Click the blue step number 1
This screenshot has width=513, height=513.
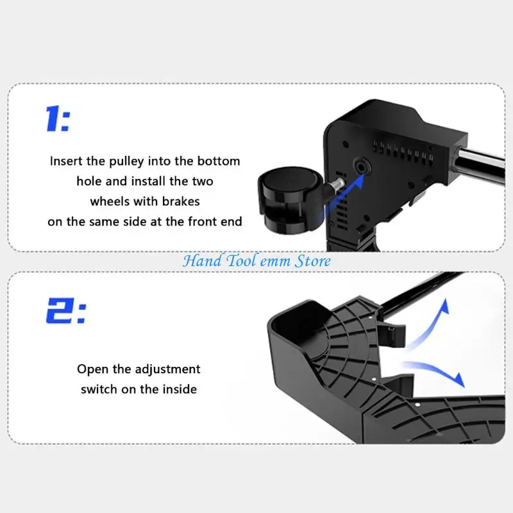pos(53,119)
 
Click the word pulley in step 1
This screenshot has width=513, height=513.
pos(126,162)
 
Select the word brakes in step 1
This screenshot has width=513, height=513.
pos(181,201)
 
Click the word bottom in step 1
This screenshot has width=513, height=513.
pos(219,161)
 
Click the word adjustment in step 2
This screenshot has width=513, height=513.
pos(167,370)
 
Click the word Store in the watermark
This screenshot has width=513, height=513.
pos(313,261)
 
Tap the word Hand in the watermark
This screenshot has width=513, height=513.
pos(202,261)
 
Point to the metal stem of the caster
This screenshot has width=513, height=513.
pos(338,184)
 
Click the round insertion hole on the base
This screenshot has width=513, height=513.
pos(361,167)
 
